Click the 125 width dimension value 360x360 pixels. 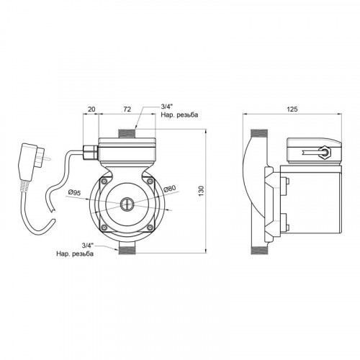coord(292,109)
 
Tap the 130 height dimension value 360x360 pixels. coord(202,191)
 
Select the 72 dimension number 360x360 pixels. coord(127,109)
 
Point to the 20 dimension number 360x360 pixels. coord(91,109)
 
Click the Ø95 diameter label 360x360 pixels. coord(74,192)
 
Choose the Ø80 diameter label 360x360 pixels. coord(170,189)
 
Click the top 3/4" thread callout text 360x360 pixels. coord(179,111)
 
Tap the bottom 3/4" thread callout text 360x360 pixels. coord(75,250)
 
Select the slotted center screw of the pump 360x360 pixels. coord(127,204)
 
